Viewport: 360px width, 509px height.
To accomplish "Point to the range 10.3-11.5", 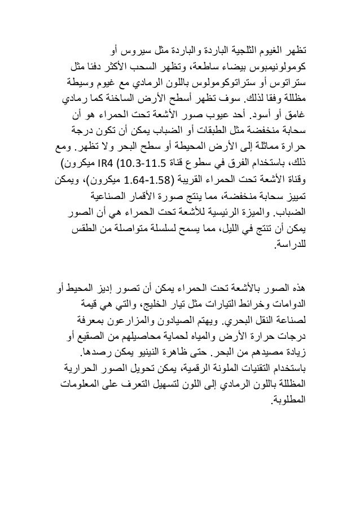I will [142, 166].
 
